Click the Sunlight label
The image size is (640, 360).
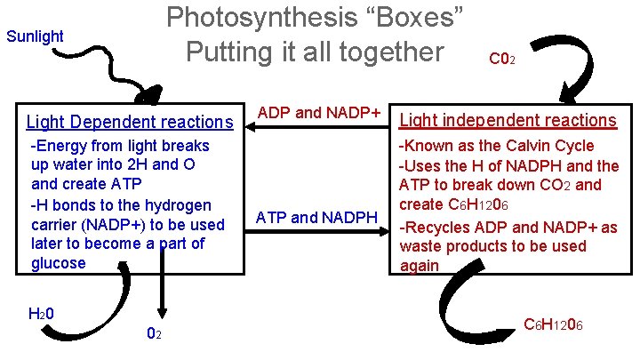tap(35, 36)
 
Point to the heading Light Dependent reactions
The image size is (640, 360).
tap(130, 122)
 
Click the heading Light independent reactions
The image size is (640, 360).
tap(509, 120)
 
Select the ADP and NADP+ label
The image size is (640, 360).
tap(318, 114)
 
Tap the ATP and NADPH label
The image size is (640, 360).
tap(317, 217)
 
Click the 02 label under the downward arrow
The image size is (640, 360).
tap(153, 333)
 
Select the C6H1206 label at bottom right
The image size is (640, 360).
tap(553, 324)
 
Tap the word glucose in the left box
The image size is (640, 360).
tap(59, 263)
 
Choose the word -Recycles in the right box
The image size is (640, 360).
tap(435, 228)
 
